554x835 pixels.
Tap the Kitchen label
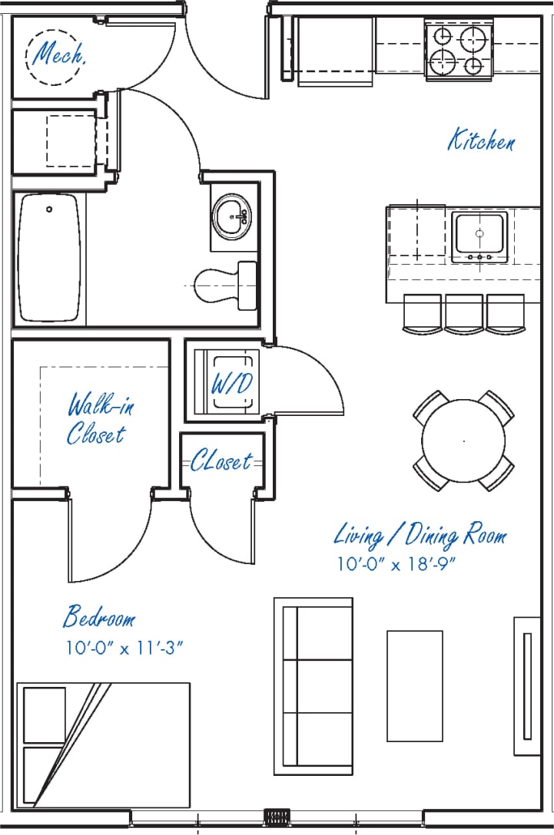tap(482, 142)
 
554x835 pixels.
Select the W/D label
tap(231, 384)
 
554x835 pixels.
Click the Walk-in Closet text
tap(97, 419)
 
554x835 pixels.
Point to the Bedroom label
tap(99, 617)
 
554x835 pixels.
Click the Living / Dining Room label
tap(420, 535)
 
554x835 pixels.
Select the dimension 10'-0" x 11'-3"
tap(124, 648)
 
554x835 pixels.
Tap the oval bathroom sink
tap(232, 217)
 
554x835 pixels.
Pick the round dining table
tap(463, 441)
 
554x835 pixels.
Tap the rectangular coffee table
tap(414, 685)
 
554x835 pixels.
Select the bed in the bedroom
tap(104, 744)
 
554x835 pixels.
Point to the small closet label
tap(221, 462)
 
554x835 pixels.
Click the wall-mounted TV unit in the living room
tap(527, 685)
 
